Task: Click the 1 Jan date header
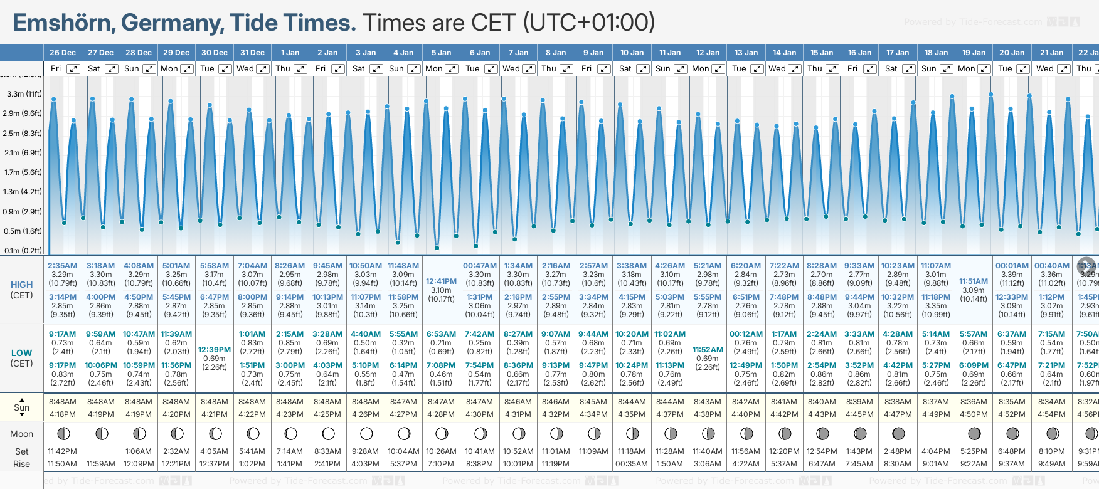point(290,53)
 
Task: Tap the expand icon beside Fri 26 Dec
point(73,69)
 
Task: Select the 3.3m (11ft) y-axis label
point(24,94)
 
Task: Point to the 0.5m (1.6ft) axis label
point(23,231)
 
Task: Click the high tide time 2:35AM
point(62,266)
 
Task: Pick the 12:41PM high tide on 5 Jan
point(441,281)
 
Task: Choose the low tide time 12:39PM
point(215,350)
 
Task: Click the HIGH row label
point(22,285)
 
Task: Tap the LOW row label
point(22,353)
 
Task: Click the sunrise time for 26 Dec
point(62,402)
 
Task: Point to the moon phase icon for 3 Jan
point(366,433)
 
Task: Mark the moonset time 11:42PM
point(62,451)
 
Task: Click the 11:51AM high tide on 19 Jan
point(974,281)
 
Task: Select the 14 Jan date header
point(784,53)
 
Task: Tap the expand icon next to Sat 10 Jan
point(642,69)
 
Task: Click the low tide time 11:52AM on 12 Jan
point(708,350)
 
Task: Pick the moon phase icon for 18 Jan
point(936,433)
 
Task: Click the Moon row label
point(22,434)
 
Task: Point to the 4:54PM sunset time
point(1051,414)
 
